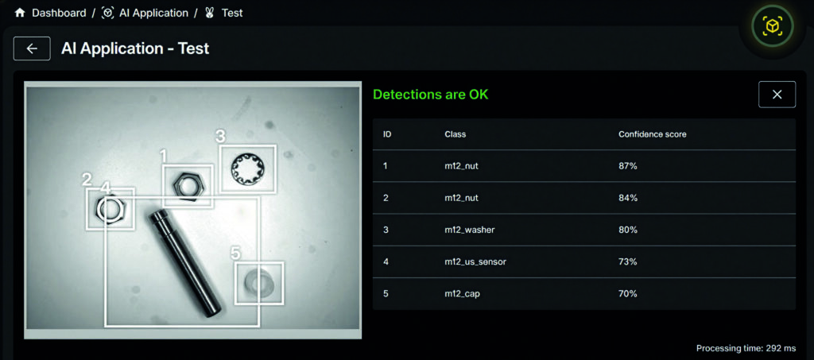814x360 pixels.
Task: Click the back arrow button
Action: [x=32, y=48]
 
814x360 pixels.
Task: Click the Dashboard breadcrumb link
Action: [x=59, y=13]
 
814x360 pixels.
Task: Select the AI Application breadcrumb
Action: [x=153, y=13]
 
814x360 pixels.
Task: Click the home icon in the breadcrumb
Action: [x=20, y=13]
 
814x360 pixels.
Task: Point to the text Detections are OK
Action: [x=431, y=95]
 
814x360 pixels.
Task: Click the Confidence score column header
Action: [x=652, y=134]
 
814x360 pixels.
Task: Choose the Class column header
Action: [x=455, y=134]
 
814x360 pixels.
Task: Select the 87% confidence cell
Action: [x=628, y=166]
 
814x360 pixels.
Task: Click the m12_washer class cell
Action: [x=469, y=230]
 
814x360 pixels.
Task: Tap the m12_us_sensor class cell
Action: [x=475, y=262]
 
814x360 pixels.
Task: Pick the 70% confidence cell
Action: [x=628, y=293]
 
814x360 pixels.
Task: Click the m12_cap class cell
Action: [x=462, y=293]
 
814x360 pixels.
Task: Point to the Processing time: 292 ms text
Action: [x=746, y=348]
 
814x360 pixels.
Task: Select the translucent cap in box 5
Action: [x=259, y=283]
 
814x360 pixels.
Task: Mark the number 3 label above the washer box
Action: [x=221, y=137]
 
